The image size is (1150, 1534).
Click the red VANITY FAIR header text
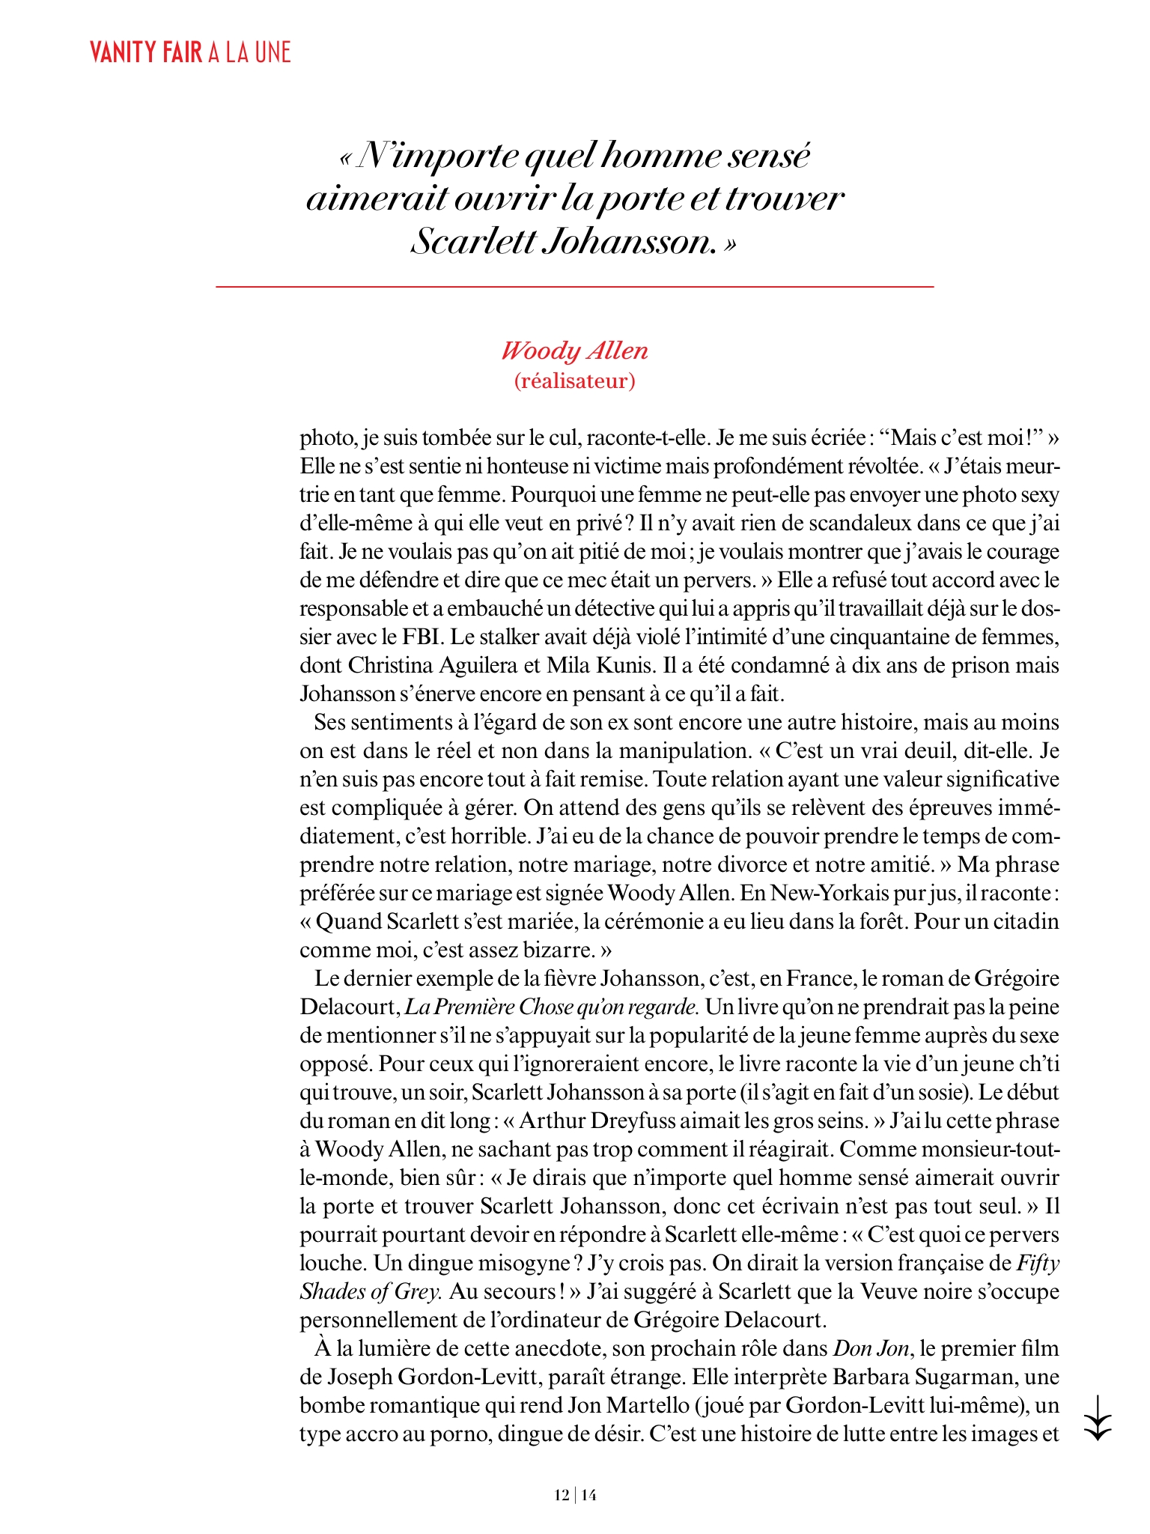point(146,52)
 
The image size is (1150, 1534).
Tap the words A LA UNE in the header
point(249,52)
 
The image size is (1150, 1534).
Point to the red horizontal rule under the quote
point(574,286)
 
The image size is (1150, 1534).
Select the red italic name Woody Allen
point(574,351)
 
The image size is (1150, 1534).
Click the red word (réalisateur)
point(574,381)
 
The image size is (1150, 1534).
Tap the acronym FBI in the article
point(426,637)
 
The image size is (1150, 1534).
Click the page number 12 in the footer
point(562,1495)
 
